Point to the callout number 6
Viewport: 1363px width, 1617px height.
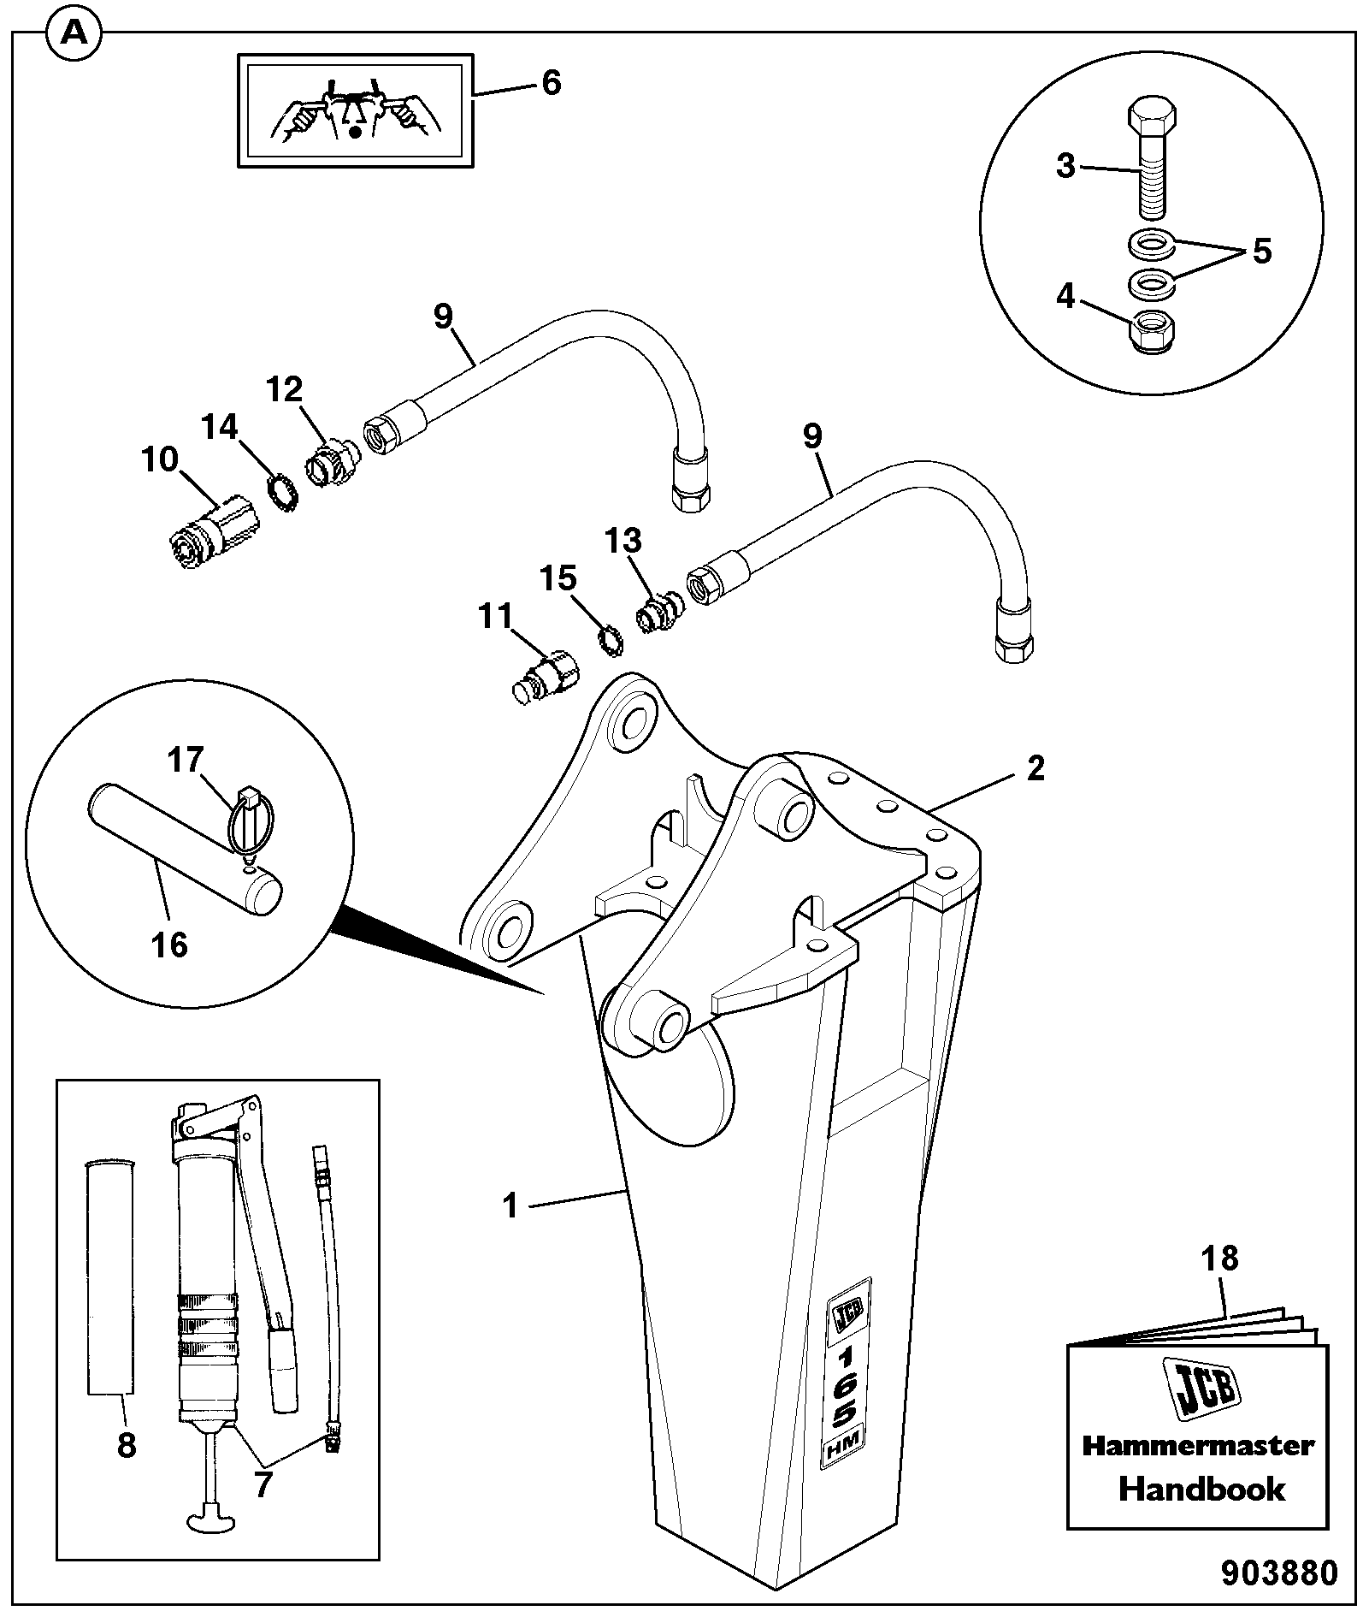click(551, 83)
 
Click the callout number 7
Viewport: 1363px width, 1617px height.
click(262, 1484)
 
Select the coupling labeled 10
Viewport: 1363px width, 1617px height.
click(207, 532)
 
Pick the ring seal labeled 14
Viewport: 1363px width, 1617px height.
click(281, 494)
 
